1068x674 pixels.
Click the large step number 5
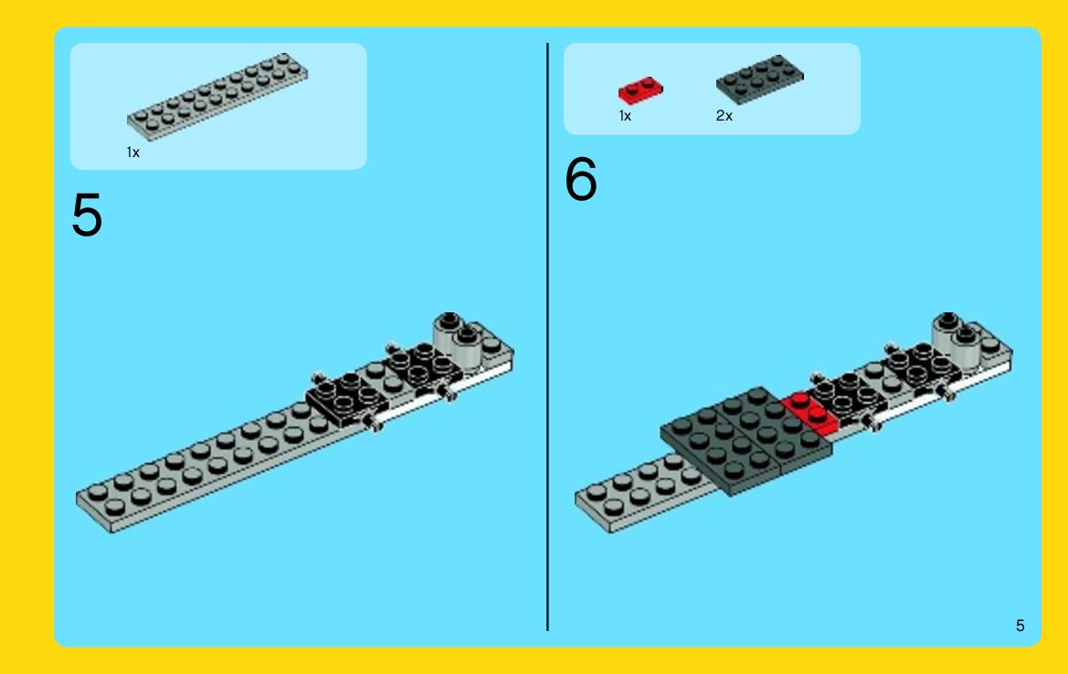tap(87, 216)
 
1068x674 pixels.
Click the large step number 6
tap(581, 179)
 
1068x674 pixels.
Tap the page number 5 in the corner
tap(1020, 626)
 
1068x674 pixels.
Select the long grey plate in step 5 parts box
tap(217, 97)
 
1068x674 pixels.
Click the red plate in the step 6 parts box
tap(640, 90)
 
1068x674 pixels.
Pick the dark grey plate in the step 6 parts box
tap(759, 79)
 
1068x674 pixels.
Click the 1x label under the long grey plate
tap(132, 153)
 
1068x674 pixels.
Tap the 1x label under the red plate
tap(625, 116)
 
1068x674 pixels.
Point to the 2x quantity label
tap(724, 116)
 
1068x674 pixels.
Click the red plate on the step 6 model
tap(810, 413)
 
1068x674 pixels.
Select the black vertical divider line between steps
tap(547, 337)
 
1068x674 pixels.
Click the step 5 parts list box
tap(218, 106)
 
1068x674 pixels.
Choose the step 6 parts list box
tap(712, 89)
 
